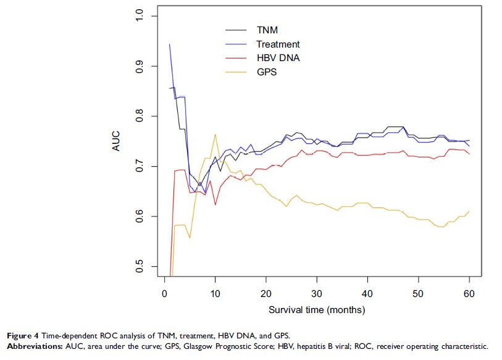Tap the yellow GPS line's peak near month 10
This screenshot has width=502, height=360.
[215, 134]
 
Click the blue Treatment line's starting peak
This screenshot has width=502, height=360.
[169, 44]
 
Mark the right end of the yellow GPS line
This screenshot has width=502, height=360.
[469, 211]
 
